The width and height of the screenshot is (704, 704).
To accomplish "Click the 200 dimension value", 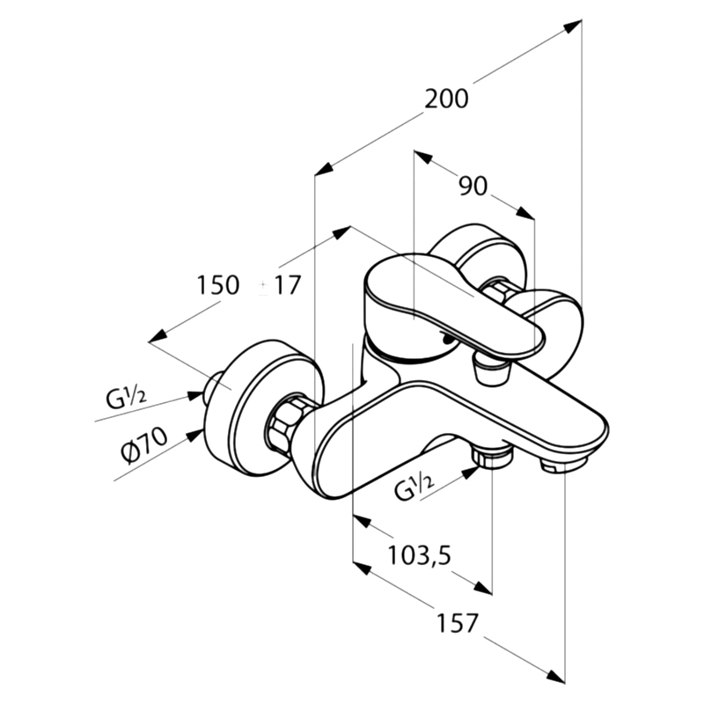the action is pos(446,99).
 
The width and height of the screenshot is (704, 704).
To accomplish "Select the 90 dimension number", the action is pos(473,186).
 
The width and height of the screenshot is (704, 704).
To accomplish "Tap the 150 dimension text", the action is pos(217,285).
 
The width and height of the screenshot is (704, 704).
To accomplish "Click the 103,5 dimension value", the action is pos(419,555).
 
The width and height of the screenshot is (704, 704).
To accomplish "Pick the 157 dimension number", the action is pos(458,623).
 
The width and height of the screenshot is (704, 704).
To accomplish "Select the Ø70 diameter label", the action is pos(144,446).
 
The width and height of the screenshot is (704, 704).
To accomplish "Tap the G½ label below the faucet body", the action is pos(414,488).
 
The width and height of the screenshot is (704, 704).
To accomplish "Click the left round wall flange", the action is pos(264,408).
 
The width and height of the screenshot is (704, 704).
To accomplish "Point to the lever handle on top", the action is pos(453,305).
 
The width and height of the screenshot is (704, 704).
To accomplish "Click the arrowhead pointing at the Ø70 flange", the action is pos(195,435).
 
